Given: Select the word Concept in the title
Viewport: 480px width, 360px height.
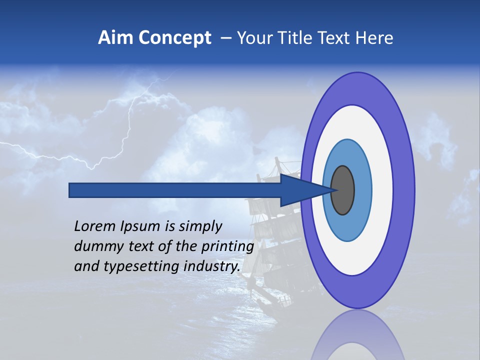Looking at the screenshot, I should [x=174, y=38].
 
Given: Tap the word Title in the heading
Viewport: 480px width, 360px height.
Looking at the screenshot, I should [x=302, y=38].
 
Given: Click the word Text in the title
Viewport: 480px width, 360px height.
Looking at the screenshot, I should [x=338, y=38].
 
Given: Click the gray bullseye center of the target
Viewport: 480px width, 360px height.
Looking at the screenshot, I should [x=342, y=190].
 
